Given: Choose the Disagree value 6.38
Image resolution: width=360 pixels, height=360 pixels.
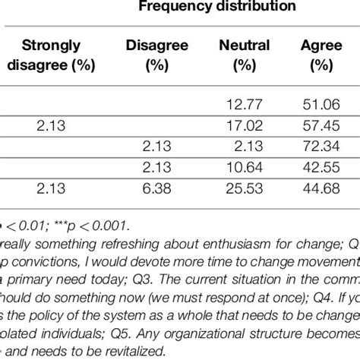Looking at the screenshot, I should pos(153,187).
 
